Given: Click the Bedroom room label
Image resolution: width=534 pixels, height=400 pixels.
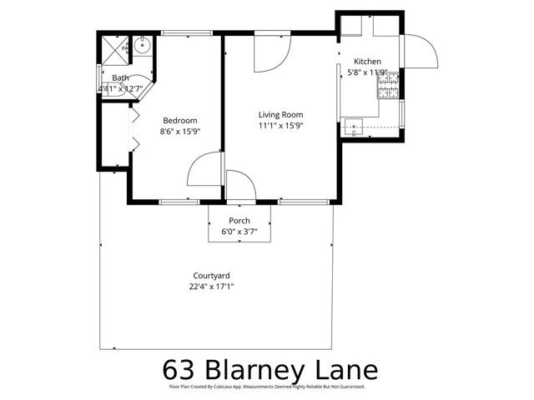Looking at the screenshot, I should coord(179,119).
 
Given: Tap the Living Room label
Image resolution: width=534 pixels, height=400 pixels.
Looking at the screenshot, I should coord(280,114).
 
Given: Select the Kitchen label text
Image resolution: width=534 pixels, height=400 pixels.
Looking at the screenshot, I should coord(367,62).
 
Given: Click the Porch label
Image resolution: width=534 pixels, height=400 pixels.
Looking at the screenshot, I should coord(239,221).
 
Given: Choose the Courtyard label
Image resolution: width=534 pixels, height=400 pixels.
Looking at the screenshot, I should coord(211,275).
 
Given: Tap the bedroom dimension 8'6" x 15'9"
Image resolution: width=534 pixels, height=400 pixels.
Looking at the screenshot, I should coord(179,130).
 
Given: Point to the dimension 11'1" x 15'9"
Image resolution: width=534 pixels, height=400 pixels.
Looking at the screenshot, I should coord(280,126).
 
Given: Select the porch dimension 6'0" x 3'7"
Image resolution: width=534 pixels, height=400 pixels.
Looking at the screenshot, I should coord(239,232).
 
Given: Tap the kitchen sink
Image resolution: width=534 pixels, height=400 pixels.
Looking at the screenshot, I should coord(355,127).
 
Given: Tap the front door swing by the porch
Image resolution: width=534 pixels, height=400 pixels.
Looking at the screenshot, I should coord(240,185).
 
